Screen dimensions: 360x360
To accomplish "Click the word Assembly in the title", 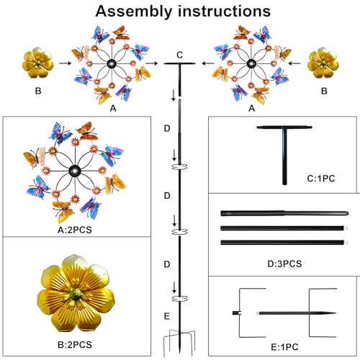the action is click(134, 12).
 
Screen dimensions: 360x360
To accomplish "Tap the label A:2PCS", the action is click(75, 230).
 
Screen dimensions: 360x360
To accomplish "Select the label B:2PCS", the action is click(75, 345).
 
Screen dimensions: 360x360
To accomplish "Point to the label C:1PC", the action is click(321, 179).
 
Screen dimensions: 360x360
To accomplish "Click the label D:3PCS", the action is click(284, 264).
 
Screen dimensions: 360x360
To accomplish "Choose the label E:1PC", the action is click(284, 347).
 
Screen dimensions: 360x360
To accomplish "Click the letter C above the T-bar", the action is click(179, 55).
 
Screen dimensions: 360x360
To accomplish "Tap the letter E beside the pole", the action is click(167, 316).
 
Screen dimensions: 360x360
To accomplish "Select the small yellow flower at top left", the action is click(38, 63).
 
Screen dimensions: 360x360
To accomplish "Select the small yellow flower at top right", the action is click(323, 63).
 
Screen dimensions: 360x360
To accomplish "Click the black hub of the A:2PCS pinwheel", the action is click(75, 171).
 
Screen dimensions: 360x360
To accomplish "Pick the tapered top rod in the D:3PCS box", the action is click(284, 213).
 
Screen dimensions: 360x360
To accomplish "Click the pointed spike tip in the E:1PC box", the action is click(336, 313).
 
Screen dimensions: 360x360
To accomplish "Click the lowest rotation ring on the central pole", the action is click(180, 298).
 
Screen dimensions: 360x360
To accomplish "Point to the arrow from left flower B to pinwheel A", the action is click(66, 63).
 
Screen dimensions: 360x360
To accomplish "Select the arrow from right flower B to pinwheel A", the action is click(294, 63).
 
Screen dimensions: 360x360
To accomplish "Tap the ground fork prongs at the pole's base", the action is click(179, 342).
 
